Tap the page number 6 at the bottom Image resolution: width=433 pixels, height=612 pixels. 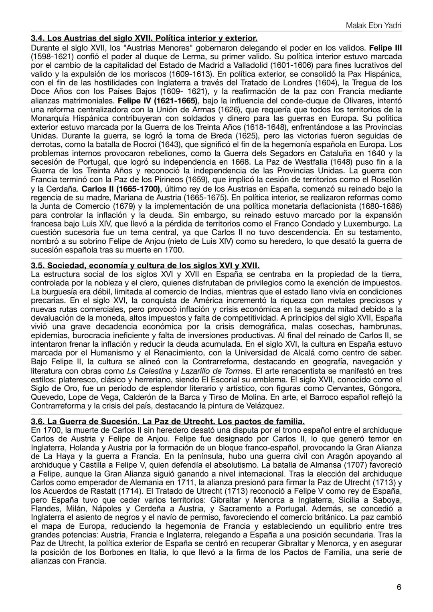pyautogui.click(x=399, y=587)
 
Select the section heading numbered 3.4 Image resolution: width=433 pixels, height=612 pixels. pyautogui.click(x=144, y=39)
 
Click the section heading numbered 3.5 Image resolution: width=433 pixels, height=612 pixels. pyautogui.click(x=145, y=266)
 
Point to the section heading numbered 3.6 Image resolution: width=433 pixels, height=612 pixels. pyautogui.click(x=168, y=421)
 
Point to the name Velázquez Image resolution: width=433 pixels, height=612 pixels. pyautogui.click(x=265, y=406)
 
